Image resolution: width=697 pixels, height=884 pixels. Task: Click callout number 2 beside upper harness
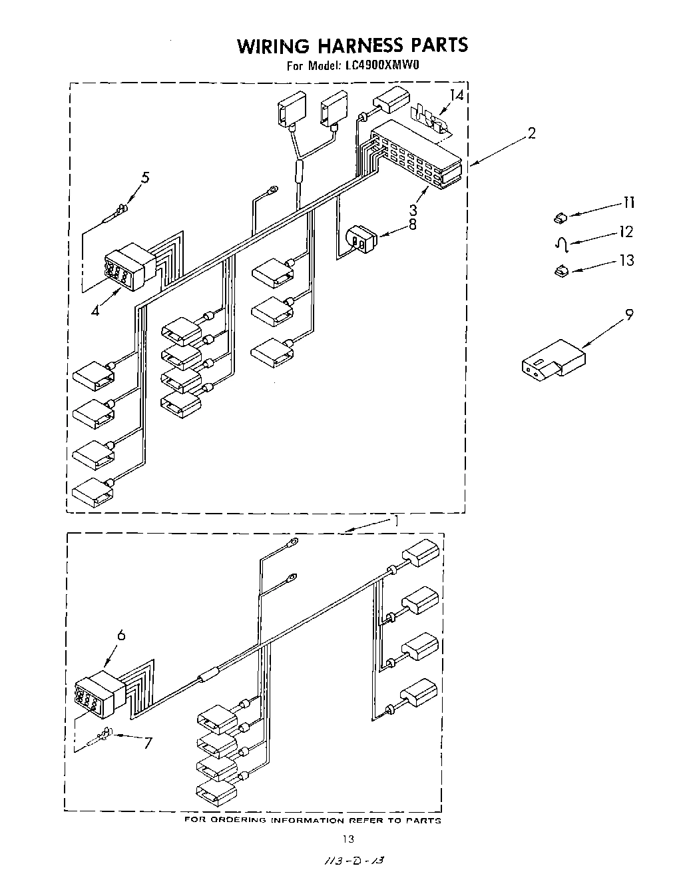(531, 133)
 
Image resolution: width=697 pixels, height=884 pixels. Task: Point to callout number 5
(144, 178)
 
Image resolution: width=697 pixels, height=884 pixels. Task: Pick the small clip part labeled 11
(560, 217)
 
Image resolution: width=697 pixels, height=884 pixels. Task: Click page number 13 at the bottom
(348, 839)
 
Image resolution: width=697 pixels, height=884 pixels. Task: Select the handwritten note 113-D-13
(353, 861)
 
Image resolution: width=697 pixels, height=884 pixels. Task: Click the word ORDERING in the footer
(238, 820)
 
